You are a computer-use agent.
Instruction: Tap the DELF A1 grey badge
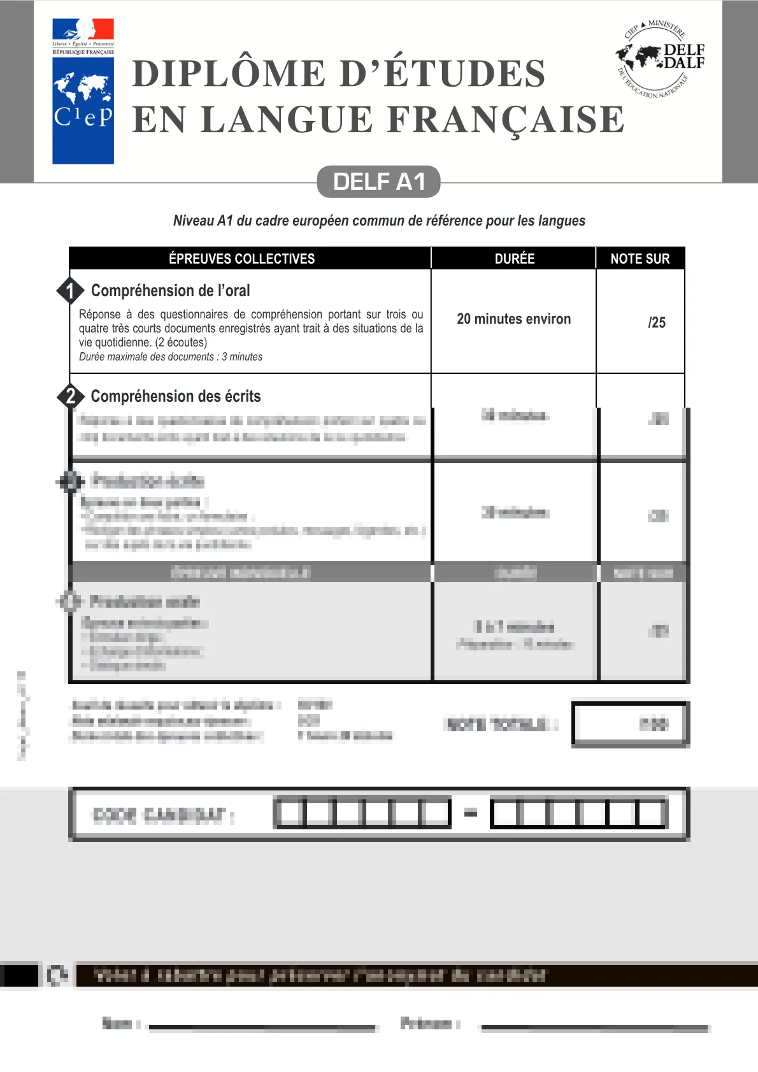pyautogui.click(x=378, y=182)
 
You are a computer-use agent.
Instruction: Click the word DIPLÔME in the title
pyautogui.click(x=230, y=73)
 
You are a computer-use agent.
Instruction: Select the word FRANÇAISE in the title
pyautogui.click(x=506, y=120)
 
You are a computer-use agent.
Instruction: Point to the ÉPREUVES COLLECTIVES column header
pyautogui.click(x=241, y=259)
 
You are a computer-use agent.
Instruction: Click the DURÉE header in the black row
pyautogui.click(x=515, y=259)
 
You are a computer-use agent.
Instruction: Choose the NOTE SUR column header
pyautogui.click(x=640, y=259)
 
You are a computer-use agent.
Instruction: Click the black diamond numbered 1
pyautogui.click(x=70, y=290)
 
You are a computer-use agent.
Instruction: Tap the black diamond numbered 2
pyautogui.click(x=70, y=396)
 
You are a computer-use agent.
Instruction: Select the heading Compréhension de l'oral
pyautogui.click(x=170, y=290)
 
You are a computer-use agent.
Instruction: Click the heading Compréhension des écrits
pyautogui.click(x=176, y=396)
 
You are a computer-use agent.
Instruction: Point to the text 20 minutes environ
pyautogui.click(x=513, y=319)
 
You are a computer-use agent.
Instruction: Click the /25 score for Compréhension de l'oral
pyautogui.click(x=656, y=322)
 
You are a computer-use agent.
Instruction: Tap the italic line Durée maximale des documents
pyautogui.click(x=171, y=357)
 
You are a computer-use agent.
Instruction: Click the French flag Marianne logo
pyautogui.click(x=83, y=36)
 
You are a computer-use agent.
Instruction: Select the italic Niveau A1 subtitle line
pyautogui.click(x=379, y=221)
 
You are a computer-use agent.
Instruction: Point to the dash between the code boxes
pyautogui.click(x=470, y=813)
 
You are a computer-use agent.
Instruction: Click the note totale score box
pyautogui.click(x=630, y=724)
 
